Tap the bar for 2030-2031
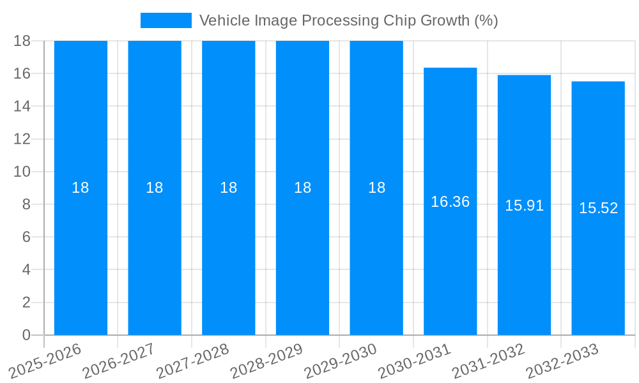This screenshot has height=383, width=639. click(x=450, y=268)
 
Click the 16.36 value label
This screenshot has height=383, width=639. click(x=450, y=202)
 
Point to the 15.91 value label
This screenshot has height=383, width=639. click(x=524, y=206)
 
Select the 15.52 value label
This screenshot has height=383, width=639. click(x=598, y=208)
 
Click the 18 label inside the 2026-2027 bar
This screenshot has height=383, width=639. click(x=155, y=188)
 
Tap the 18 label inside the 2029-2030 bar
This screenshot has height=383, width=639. click(x=376, y=188)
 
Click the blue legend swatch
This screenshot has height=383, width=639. click(x=166, y=20)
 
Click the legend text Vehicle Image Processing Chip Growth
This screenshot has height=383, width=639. click(x=348, y=20)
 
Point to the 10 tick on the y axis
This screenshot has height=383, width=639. click(x=22, y=172)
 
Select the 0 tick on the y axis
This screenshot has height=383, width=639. click(x=26, y=335)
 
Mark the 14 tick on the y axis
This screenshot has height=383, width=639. click(x=22, y=106)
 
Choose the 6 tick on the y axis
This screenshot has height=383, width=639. click(x=26, y=237)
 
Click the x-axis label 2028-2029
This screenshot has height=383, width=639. click(x=266, y=361)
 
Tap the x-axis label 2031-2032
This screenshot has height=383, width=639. click(x=488, y=361)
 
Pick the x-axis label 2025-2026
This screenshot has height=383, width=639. click(x=45, y=361)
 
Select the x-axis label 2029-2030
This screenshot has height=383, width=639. click(x=341, y=361)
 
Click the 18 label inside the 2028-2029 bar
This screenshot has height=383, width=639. click(x=302, y=188)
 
